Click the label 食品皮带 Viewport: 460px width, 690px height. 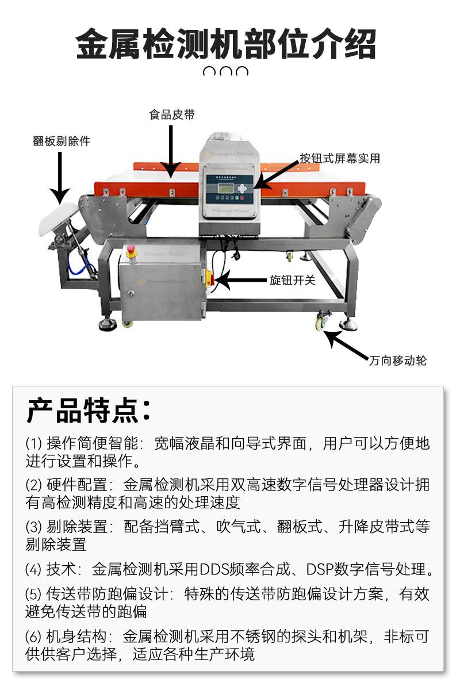point(172,115)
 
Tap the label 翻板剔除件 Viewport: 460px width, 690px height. point(62,141)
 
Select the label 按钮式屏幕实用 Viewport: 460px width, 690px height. point(339,158)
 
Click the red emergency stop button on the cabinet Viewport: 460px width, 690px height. point(131,250)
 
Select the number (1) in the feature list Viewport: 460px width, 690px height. point(34,443)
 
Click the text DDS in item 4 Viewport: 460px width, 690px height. point(213,569)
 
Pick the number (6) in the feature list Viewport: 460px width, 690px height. point(34,637)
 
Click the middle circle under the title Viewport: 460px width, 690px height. point(227,72)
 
